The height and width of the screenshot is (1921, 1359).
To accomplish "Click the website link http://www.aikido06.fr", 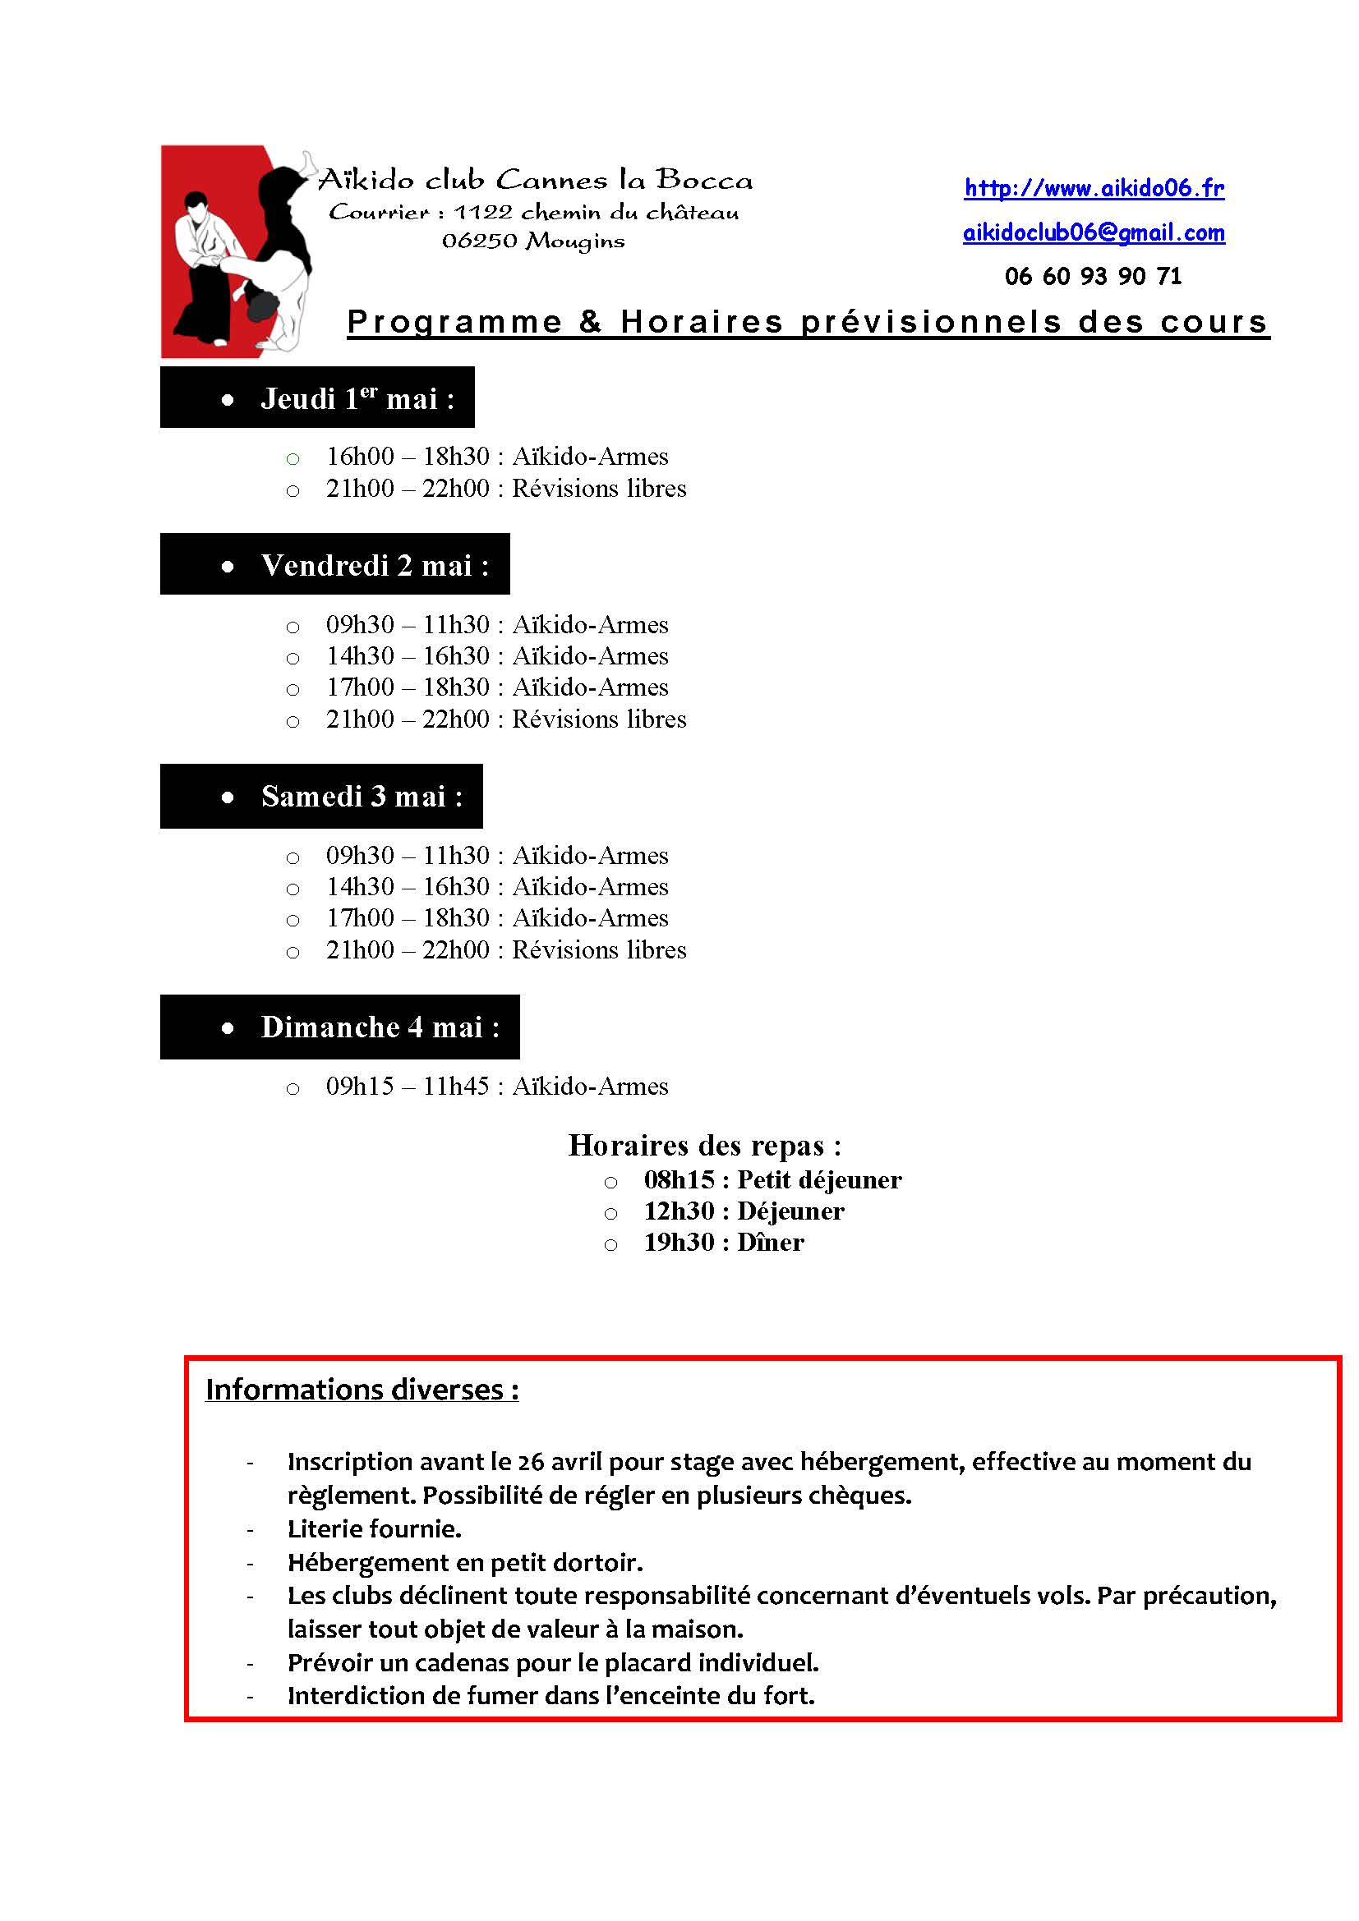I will tap(1093, 188).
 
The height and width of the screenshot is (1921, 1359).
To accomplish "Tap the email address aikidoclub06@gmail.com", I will tap(1093, 232).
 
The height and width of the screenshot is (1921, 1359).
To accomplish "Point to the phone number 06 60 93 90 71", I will tap(1093, 276).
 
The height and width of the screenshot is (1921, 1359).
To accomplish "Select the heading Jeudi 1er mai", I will tap(357, 398).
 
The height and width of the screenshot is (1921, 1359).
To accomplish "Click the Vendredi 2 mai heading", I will tap(374, 566).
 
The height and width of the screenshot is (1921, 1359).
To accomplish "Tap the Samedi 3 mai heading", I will tap(361, 796).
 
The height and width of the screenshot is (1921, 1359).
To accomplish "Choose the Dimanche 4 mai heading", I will tap(379, 1027).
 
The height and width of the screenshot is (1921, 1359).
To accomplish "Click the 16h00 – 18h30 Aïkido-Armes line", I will tap(497, 457).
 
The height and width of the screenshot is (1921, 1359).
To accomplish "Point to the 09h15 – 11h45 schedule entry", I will tap(497, 1086).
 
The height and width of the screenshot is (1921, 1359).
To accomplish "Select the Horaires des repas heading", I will tap(705, 1145).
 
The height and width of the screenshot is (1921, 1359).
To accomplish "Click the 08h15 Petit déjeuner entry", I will tap(772, 1179).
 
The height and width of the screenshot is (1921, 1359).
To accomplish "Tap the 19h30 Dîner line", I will tap(723, 1243).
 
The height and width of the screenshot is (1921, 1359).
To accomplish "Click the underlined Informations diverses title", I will tap(362, 1390).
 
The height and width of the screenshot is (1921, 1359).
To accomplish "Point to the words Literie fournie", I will tap(374, 1528).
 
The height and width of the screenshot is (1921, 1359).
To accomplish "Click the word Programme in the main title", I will tap(454, 322).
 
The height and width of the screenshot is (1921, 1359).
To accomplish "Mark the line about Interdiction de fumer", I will tap(551, 1695).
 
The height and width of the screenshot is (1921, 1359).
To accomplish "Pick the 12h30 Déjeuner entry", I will tap(743, 1211).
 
